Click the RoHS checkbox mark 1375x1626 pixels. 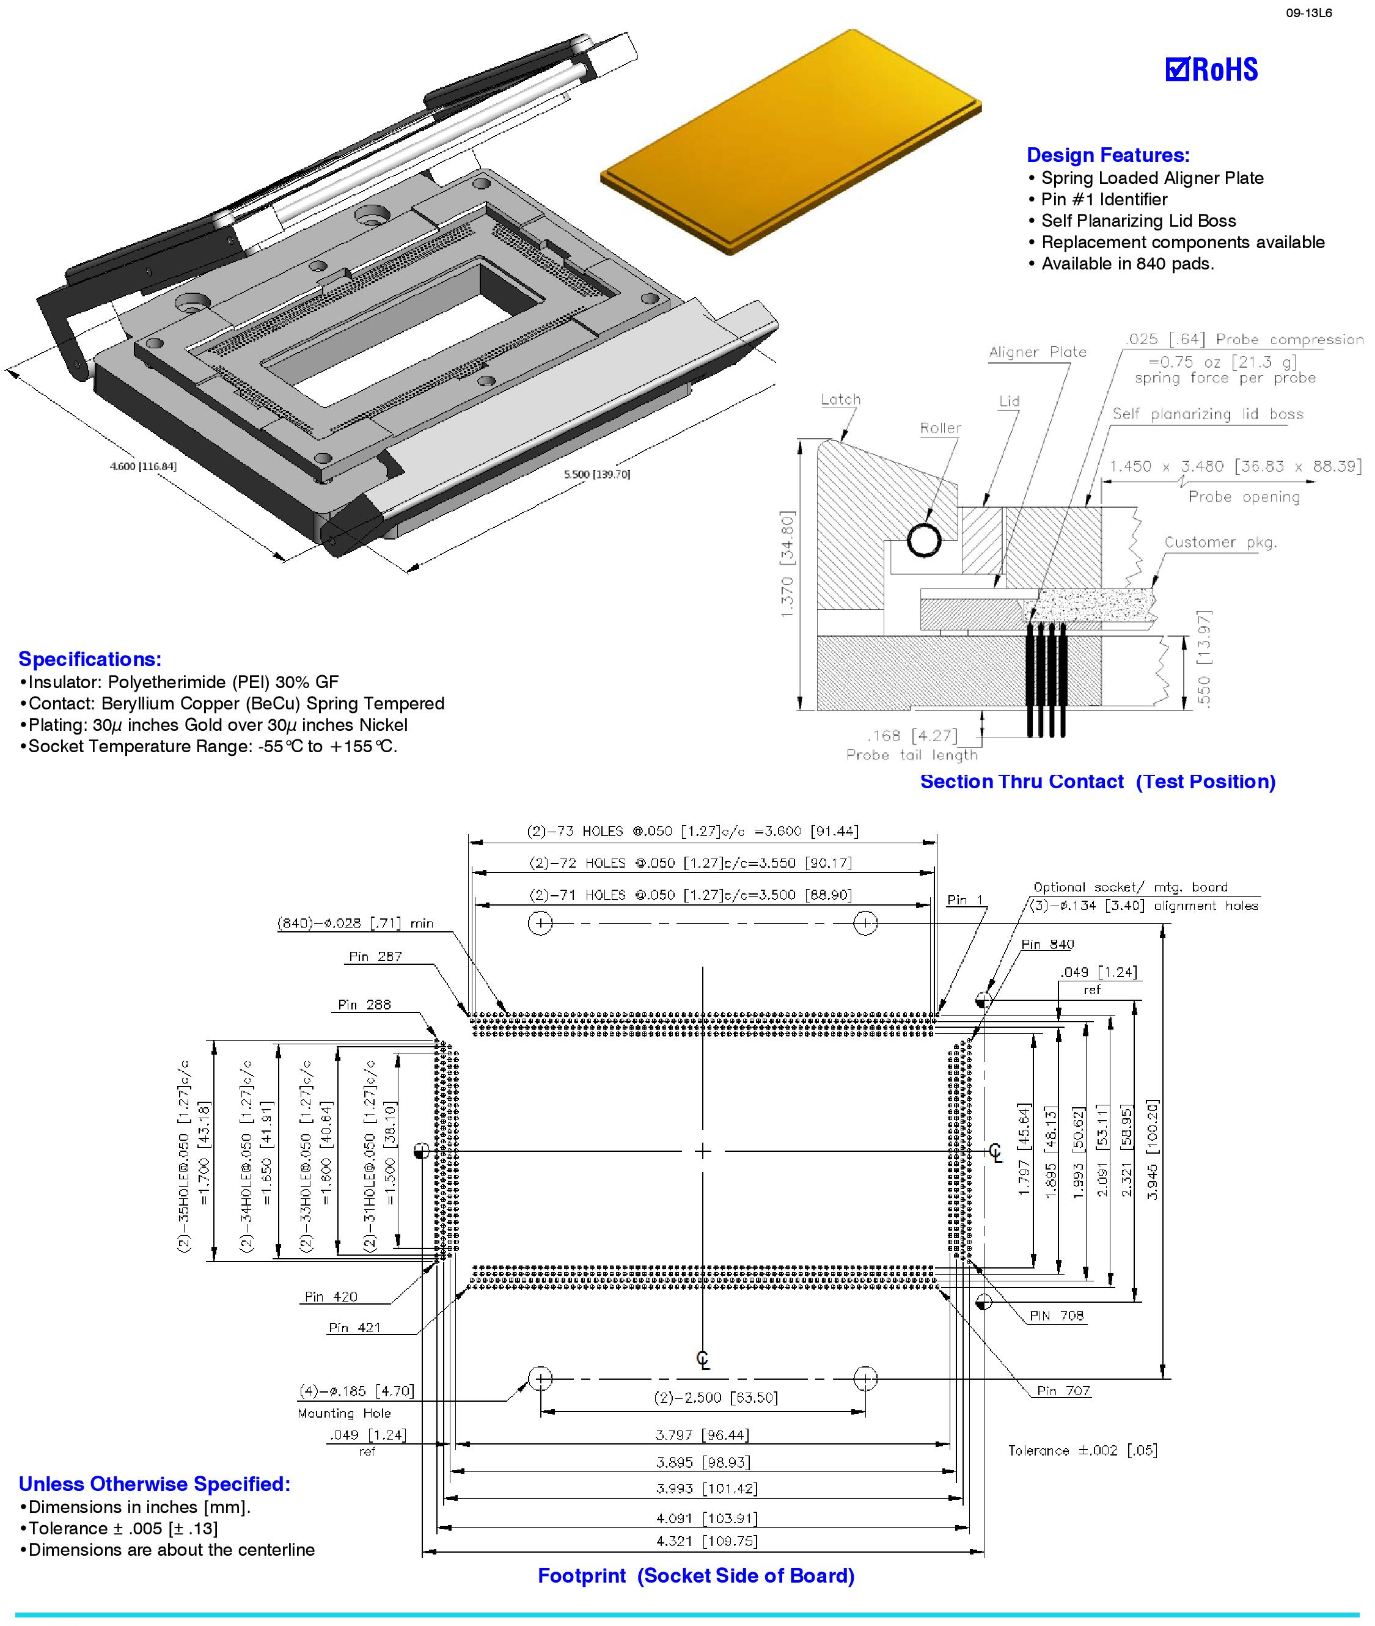point(1176,70)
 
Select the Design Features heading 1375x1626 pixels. point(1107,155)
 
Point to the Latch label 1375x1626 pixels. point(840,400)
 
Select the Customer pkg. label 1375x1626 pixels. point(1220,543)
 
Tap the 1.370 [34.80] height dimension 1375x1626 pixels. point(787,565)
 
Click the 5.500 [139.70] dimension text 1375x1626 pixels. point(596,474)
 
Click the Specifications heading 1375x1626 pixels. point(90,659)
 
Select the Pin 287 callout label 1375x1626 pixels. point(375,956)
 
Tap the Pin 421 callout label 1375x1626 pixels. point(354,1327)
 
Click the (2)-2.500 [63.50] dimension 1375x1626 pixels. point(716,1397)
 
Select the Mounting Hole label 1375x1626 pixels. point(343,1413)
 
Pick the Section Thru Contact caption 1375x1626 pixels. point(1098,782)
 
